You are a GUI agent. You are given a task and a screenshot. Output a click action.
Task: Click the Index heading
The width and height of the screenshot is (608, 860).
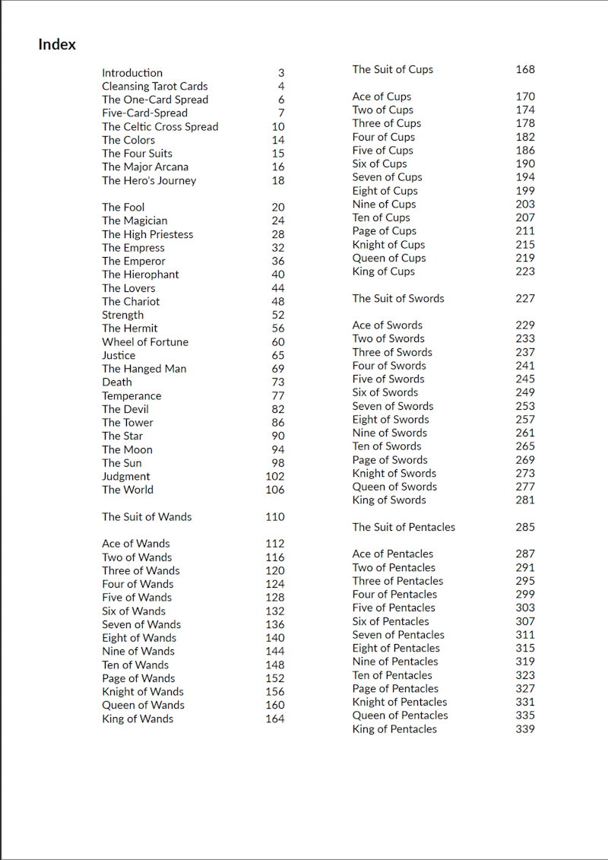(x=57, y=45)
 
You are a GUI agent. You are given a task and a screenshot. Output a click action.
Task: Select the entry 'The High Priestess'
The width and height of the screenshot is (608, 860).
(x=147, y=234)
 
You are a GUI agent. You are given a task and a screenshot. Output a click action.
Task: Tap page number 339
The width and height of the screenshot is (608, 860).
(x=524, y=729)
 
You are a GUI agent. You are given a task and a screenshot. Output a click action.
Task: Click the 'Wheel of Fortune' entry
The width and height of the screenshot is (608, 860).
(x=145, y=342)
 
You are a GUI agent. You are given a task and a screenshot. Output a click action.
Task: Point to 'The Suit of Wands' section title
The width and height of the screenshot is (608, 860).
(x=147, y=517)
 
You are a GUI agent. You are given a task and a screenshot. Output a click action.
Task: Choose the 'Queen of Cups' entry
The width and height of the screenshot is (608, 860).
(x=388, y=258)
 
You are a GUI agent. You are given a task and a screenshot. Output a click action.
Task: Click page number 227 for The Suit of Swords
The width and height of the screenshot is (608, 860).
(x=524, y=298)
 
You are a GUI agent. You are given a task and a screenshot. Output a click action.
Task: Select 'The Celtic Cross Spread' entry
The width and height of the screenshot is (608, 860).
(x=160, y=127)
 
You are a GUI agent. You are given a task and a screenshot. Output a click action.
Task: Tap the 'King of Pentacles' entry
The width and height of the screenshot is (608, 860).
(x=394, y=729)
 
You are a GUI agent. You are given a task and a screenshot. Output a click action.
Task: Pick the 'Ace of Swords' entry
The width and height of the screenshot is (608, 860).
(x=387, y=325)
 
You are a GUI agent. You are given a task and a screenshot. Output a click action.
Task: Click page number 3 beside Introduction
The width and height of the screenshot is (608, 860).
(x=280, y=73)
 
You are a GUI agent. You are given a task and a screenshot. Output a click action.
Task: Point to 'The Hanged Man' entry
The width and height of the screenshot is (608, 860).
(x=144, y=369)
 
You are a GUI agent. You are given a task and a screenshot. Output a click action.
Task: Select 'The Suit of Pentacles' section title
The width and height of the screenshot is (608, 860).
(x=404, y=527)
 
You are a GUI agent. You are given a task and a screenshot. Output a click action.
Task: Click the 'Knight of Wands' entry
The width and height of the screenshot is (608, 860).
(x=142, y=692)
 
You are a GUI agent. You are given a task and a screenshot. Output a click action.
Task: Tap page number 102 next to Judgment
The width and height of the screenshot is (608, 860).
(x=274, y=477)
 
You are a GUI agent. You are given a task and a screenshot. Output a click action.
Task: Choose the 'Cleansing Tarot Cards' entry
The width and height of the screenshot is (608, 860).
(x=154, y=87)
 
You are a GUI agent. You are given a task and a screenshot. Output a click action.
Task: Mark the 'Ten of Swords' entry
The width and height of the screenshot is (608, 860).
(x=386, y=446)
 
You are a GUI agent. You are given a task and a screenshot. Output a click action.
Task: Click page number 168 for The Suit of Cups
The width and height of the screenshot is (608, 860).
(x=524, y=69)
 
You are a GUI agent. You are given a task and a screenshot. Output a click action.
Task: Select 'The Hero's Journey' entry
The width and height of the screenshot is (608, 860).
(x=149, y=181)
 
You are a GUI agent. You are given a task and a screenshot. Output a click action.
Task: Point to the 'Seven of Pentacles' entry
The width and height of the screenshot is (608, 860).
(x=398, y=635)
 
